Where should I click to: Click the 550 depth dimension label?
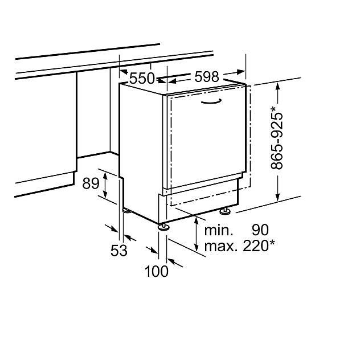[x=142, y=79]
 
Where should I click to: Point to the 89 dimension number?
[x=91, y=183]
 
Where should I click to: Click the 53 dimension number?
[x=118, y=250]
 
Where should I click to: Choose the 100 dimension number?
[x=157, y=272]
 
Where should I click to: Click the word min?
[x=219, y=231]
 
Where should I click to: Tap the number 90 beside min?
[x=260, y=231]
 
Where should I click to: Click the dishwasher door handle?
[x=211, y=101]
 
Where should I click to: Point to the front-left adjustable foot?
[x=164, y=226]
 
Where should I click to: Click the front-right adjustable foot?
[x=227, y=212]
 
